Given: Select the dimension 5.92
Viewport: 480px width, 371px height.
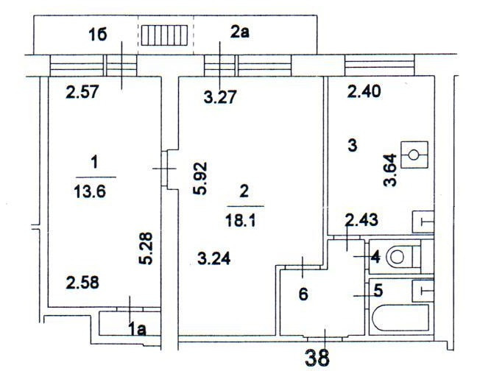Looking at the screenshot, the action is point(197,178).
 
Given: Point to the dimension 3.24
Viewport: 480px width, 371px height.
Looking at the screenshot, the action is point(214,258).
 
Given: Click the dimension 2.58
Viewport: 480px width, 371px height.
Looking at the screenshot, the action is point(82,283).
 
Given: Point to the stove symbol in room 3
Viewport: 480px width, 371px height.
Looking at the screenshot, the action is point(414,155).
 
